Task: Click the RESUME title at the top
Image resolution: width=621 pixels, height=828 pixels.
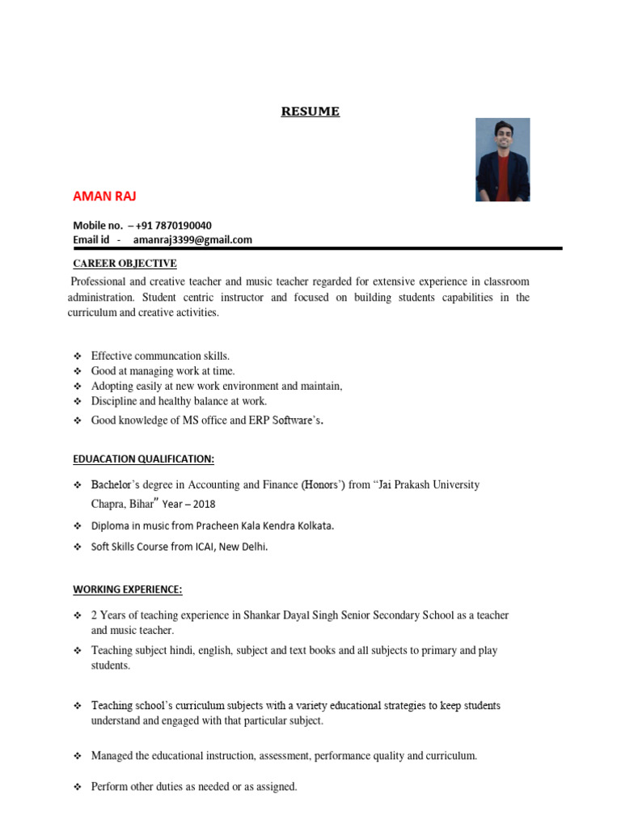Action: (310, 112)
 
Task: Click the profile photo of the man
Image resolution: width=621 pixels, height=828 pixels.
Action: (502, 159)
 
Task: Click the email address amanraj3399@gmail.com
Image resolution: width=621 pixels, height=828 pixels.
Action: (192, 239)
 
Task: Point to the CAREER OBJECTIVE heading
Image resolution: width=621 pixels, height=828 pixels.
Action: (125, 264)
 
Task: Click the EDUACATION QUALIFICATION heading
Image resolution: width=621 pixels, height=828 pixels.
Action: (143, 459)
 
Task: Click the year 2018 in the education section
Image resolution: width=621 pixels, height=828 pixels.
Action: (209, 504)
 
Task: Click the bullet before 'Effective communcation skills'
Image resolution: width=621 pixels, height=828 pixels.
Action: (78, 356)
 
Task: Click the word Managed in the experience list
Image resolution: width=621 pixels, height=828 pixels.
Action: (112, 756)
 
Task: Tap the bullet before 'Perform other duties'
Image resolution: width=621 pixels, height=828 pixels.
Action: (78, 787)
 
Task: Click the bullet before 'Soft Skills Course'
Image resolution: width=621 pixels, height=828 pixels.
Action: (78, 547)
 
